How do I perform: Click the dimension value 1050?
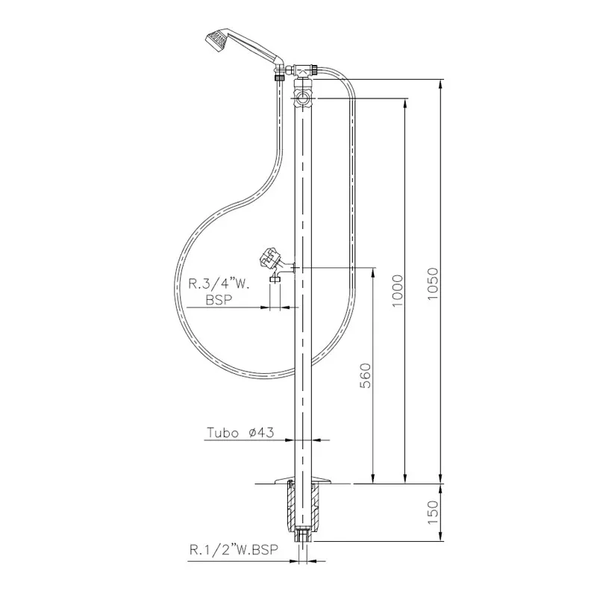coord(433,284)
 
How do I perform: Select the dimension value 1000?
coord(397,291)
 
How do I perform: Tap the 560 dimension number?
coord(366,375)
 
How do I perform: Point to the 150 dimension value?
coord(433,512)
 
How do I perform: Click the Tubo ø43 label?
coord(240,433)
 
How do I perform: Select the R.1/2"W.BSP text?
coord(234,550)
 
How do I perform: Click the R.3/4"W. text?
coord(219,284)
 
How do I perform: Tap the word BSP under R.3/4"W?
coord(219,300)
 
